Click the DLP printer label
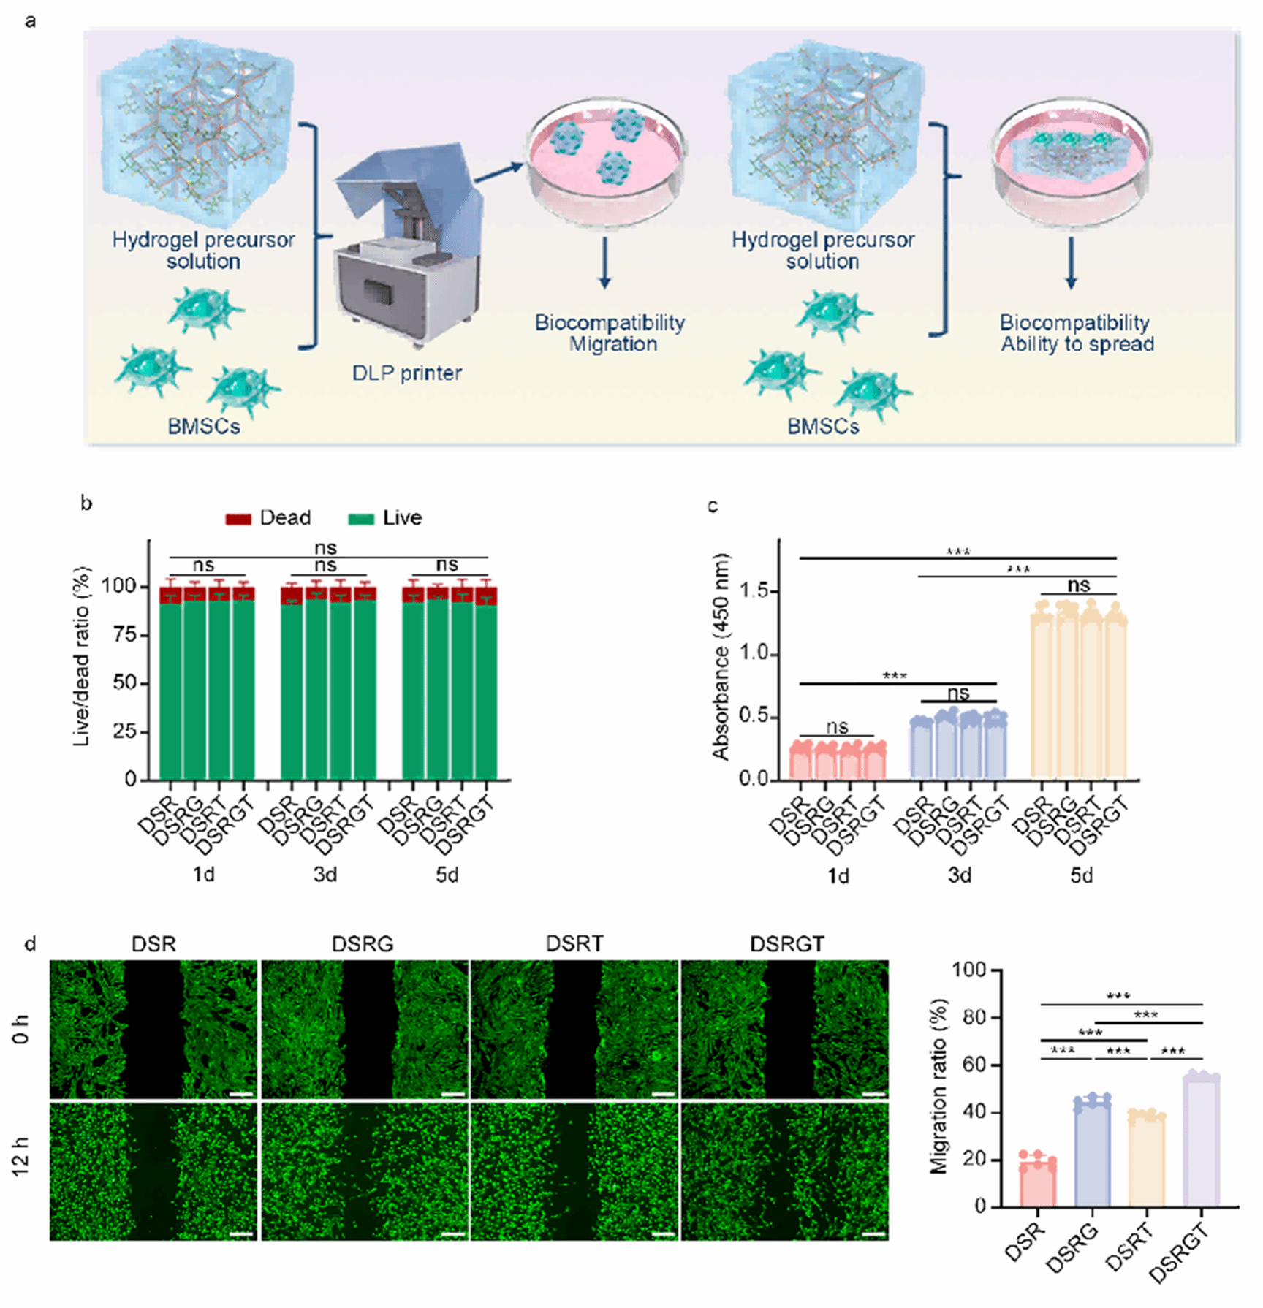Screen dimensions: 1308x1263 pyautogui.click(x=406, y=373)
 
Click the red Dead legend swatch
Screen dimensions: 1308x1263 pyautogui.click(x=238, y=519)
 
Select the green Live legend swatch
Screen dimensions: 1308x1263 pyautogui.click(x=361, y=519)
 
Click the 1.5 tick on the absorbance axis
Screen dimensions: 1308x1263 pyautogui.click(x=755, y=590)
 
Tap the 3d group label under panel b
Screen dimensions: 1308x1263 pyautogui.click(x=325, y=875)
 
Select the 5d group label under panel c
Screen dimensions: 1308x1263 pyautogui.click(x=1081, y=875)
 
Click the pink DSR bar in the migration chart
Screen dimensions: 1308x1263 pyautogui.click(x=1038, y=1184)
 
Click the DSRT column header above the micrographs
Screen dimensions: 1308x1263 pyautogui.click(x=574, y=944)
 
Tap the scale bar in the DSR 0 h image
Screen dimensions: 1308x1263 pyautogui.click(x=241, y=1095)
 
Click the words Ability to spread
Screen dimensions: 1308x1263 pyautogui.click(x=1077, y=344)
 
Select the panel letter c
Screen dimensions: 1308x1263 pyautogui.click(x=713, y=506)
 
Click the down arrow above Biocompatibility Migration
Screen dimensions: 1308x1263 pyautogui.click(x=604, y=263)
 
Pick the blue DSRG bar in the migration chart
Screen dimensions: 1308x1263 pyautogui.click(x=1093, y=1155)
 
